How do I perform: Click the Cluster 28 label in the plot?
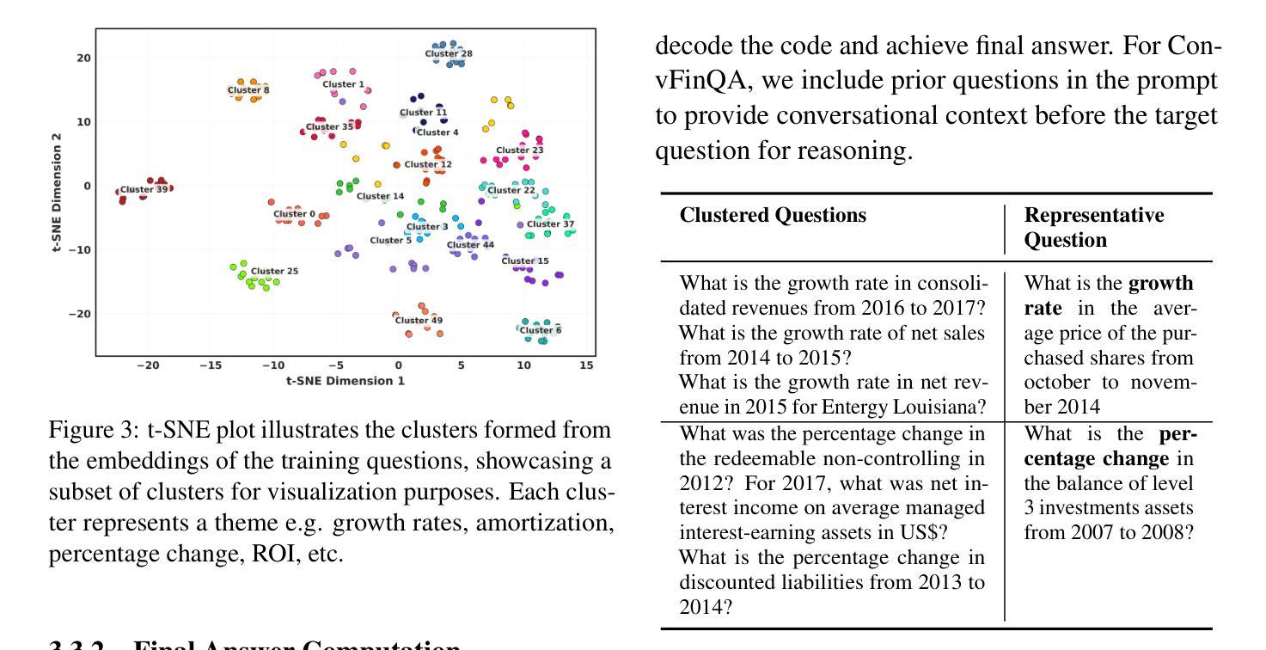[449, 53]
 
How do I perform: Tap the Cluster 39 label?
[144, 189]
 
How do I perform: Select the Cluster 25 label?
[274, 271]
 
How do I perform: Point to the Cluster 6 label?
[541, 330]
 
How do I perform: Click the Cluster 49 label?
[419, 321]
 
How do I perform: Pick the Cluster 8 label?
[248, 89]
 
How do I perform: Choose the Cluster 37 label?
[550, 224]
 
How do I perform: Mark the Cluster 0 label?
[294, 214]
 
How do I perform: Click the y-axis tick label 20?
[84, 58]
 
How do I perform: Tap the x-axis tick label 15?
[586, 365]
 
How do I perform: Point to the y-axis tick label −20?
[81, 314]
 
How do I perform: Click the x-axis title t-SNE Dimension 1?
[346, 380]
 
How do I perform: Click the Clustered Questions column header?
[773, 216]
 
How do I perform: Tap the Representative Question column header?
[1094, 227]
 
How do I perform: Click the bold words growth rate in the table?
[1110, 295]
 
